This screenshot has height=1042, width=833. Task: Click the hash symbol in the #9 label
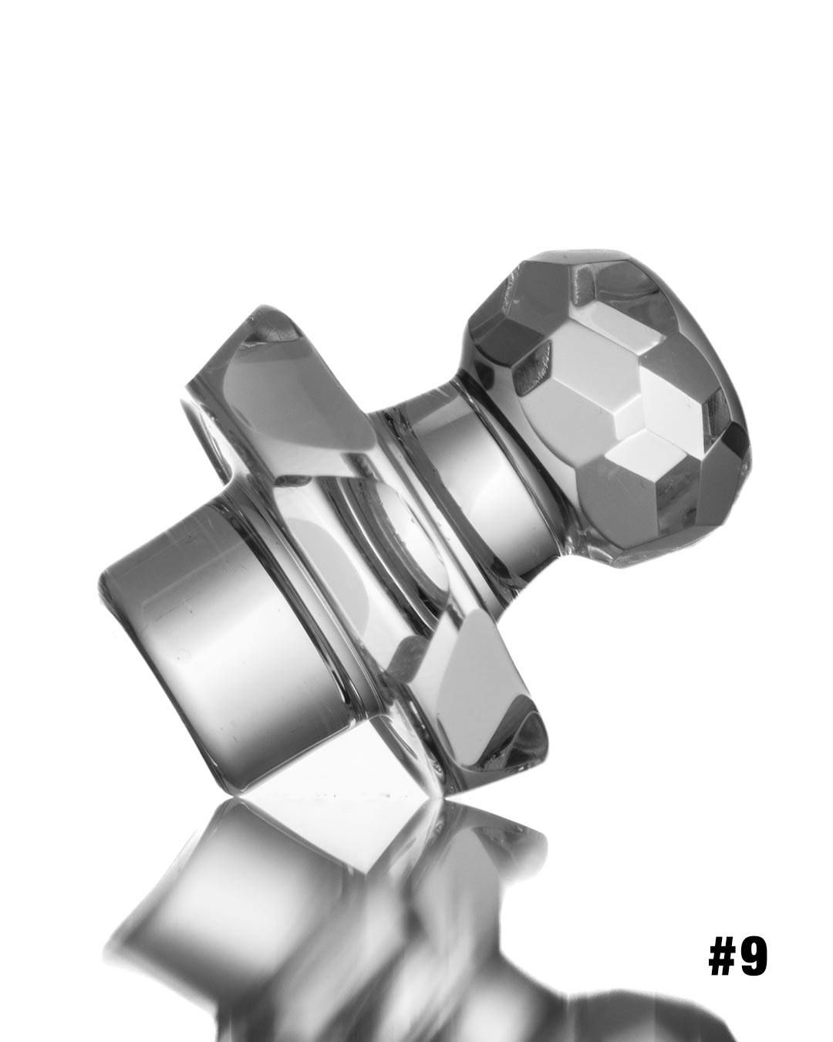[x=723, y=958]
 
